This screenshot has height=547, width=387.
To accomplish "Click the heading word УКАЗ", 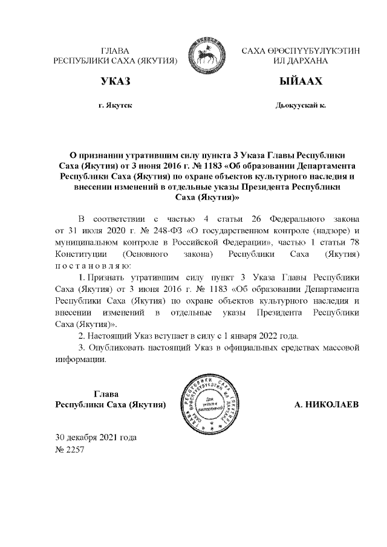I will click(x=115, y=82).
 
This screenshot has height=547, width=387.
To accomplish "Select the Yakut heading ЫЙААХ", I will click(x=300, y=82).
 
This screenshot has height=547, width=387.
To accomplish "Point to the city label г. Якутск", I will click(x=115, y=105).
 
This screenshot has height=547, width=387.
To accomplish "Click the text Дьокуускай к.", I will click(x=300, y=105).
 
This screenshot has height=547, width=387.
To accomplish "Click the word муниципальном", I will click(x=86, y=242).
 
